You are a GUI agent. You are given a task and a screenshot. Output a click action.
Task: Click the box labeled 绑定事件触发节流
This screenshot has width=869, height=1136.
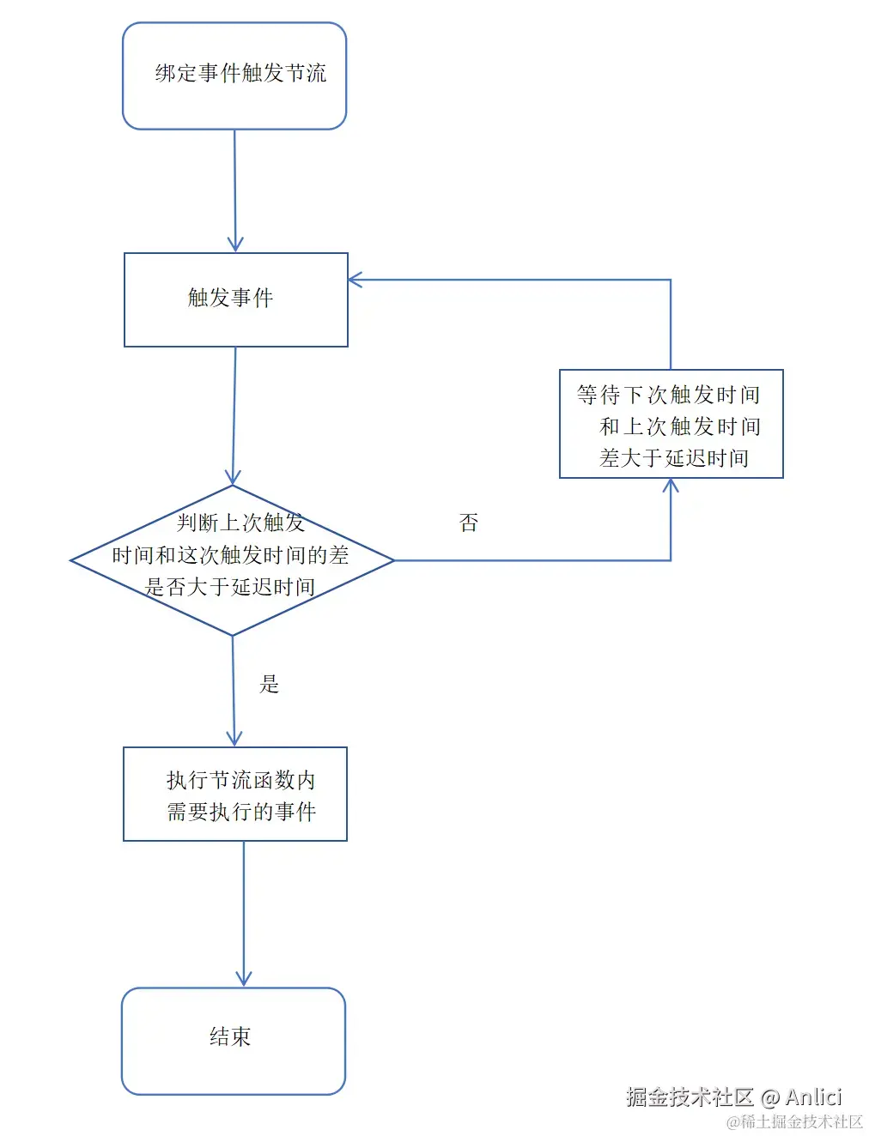pyautogui.click(x=234, y=76)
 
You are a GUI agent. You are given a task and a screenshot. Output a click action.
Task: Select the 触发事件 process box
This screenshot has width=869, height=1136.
pyautogui.click(x=235, y=299)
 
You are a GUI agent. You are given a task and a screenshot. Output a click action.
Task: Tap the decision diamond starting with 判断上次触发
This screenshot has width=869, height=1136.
pyautogui.click(x=232, y=559)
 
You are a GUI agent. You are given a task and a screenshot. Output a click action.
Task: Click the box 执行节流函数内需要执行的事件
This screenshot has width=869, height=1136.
pyautogui.click(x=235, y=794)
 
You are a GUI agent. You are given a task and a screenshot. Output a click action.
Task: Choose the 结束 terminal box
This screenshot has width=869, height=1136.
pyautogui.click(x=233, y=1040)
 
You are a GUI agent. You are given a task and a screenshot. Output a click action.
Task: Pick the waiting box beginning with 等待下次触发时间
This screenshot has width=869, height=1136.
pyautogui.click(x=671, y=424)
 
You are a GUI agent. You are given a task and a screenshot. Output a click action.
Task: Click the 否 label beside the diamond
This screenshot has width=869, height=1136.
pyautogui.click(x=469, y=523)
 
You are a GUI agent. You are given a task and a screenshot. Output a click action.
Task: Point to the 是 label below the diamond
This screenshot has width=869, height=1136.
pyautogui.click(x=270, y=684)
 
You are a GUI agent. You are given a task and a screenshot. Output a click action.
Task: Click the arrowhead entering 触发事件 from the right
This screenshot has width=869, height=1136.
pyautogui.click(x=355, y=280)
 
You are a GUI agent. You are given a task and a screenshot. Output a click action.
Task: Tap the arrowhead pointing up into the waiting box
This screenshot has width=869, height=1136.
pyautogui.click(x=671, y=485)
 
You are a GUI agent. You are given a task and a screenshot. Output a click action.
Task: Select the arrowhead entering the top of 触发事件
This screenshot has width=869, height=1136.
pyautogui.click(x=235, y=245)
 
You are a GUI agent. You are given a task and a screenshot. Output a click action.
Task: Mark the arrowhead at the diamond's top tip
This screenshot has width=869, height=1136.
pyautogui.click(x=233, y=478)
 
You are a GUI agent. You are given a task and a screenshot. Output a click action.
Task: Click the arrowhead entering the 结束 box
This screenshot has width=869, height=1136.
pyautogui.click(x=244, y=979)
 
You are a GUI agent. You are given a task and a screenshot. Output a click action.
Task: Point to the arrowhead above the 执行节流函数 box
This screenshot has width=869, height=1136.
pyautogui.click(x=234, y=739)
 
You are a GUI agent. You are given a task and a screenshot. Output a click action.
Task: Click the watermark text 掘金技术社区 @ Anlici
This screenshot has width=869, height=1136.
pyautogui.click(x=733, y=1097)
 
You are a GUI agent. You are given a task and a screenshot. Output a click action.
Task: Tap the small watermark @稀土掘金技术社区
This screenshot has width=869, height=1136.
pyautogui.click(x=794, y=1121)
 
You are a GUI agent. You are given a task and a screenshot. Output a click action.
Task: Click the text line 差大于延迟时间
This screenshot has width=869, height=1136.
pyautogui.click(x=674, y=458)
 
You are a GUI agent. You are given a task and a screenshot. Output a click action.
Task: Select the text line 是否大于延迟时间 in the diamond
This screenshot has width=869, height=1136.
pyautogui.click(x=230, y=587)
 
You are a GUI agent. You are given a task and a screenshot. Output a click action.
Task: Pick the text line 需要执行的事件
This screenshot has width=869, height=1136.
pyautogui.click(x=241, y=812)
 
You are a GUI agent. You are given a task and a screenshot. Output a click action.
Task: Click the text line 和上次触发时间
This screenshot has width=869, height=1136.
pyautogui.click(x=679, y=426)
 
